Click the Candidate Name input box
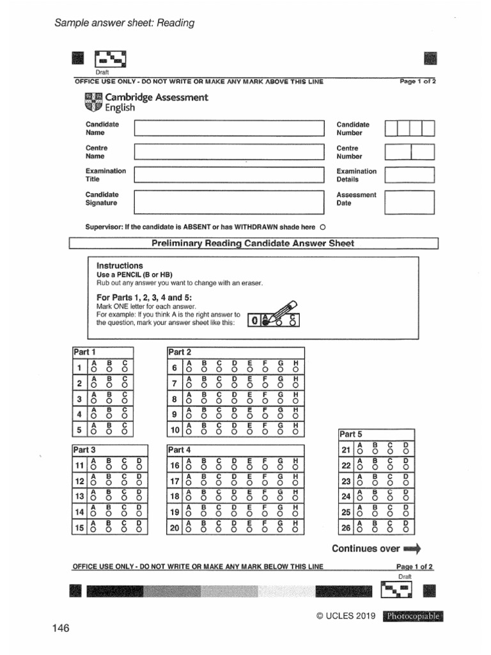pyautogui.click(x=229, y=129)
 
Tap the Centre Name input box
pyautogui.click(x=229, y=152)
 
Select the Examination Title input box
pyautogui.click(x=229, y=175)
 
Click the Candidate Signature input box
pyautogui.click(x=229, y=201)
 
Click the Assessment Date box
pyautogui.click(x=409, y=200)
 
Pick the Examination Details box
pyautogui.click(x=409, y=175)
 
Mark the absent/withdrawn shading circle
pyautogui.click(x=322, y=227)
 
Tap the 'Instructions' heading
pyautogui.click(x=120, y=265)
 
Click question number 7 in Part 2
pyautogui.click(x=175, y=384)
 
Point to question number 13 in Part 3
pyautogui.click(x=80, y=496)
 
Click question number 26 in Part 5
pyautogui.click(x=346, y=528)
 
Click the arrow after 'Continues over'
pyautogui.click(x=412, y=549)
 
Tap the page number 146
pyautogui.click(x=61, y=628)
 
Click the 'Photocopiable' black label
pyautogui.click(x=412, y=617)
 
